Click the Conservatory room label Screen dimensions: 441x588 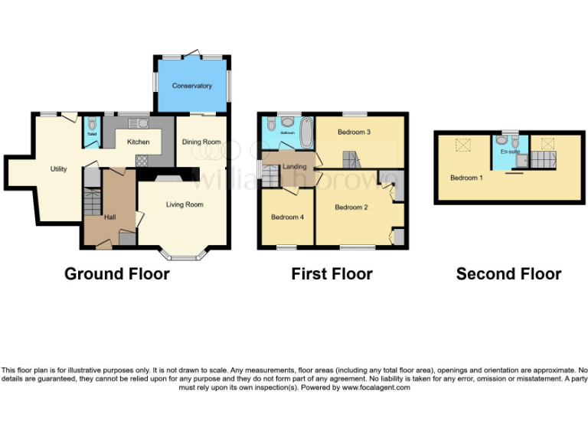click(192, 86)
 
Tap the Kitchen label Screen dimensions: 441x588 click(138, 142)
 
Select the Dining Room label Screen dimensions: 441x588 click(201, 142)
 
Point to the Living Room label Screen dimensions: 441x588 click(185, 204)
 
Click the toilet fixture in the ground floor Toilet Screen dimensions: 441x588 click(92, 125)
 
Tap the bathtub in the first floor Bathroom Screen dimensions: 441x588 click(306, 132)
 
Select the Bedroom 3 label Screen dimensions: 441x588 click(354, 132)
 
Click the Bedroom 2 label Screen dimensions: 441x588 click(352, 207)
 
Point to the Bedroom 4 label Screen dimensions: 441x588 click(288, 217)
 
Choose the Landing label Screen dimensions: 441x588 click(295, 167)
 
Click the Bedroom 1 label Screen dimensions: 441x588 click(466, 178)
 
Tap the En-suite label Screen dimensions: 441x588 click(509, 152)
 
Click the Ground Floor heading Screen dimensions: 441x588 click(116, 274)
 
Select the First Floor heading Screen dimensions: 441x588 click(332, 274)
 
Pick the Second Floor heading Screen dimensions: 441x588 click(508, 274)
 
